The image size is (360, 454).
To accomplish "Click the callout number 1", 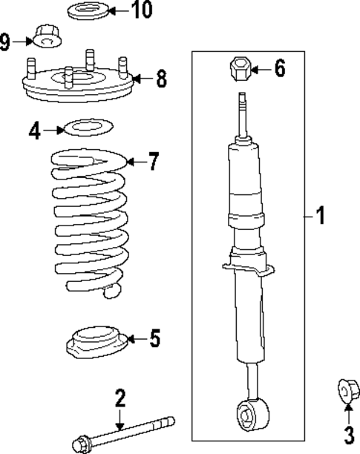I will [320, 217].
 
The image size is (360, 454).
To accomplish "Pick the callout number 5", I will [154, 339].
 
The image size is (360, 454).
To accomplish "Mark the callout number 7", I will [153, 161].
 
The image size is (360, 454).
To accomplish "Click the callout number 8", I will [161, 79].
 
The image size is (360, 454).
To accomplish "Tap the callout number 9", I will [6, 42].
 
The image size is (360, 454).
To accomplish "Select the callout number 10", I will [140, 10].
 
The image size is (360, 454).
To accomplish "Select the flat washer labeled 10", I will [88, 11].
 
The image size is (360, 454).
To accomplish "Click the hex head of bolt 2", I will [79, 444].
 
